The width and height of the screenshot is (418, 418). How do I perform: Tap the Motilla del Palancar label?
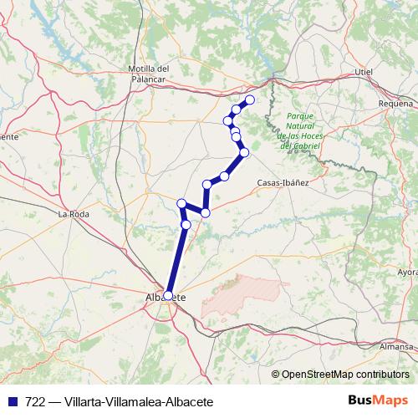click(150, 74)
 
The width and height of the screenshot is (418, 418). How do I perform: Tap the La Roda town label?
click(72, 215)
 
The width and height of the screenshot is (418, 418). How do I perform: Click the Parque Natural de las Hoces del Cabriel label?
click(298, 131)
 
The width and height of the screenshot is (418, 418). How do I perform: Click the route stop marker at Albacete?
click(169, 295)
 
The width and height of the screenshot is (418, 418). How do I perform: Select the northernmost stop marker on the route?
click(249, 100)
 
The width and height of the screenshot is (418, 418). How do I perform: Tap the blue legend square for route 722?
click(12, 402)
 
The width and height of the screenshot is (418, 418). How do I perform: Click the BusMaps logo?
click(378, 401)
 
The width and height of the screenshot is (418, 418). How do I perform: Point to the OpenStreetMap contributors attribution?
click(344, 374)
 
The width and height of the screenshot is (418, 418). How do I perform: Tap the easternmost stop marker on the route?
click(249, 100)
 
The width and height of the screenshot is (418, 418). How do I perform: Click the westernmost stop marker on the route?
click(181, 203)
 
